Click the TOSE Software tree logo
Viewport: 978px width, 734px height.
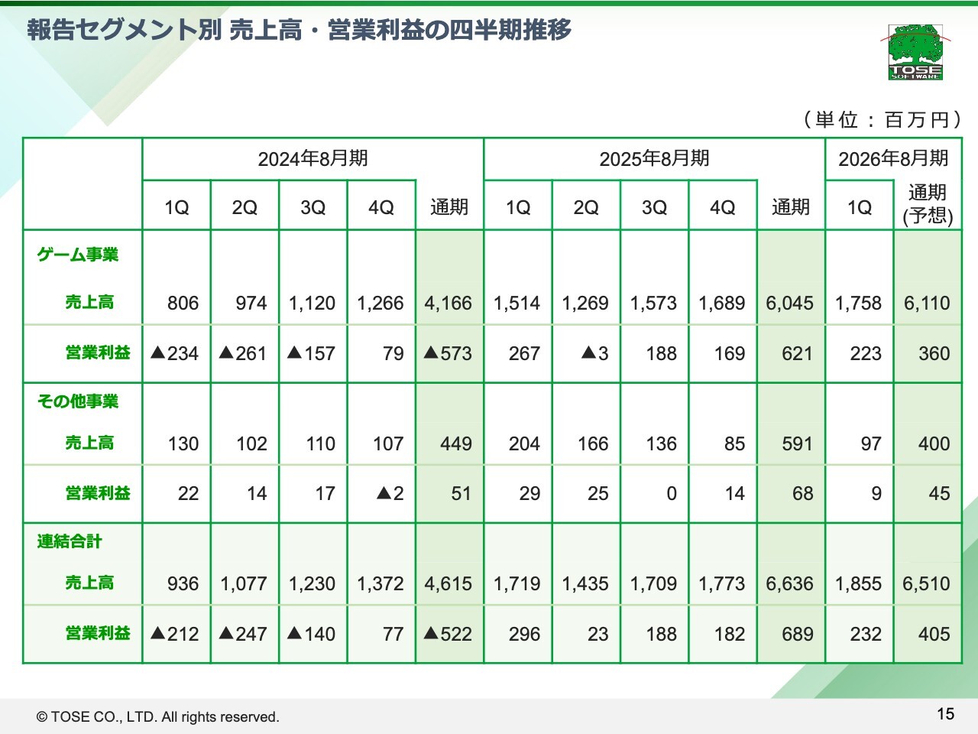tap(915, 52)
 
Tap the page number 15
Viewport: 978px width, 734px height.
tap(945, 713)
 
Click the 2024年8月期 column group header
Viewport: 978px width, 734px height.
tap(313, 158)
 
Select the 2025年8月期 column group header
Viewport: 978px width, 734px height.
tap(654, 158)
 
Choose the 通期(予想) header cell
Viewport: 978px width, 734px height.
tap(928, 204)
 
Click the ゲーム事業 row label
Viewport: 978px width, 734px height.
tap(78, 255)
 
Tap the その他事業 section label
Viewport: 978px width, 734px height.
tap(78, 401)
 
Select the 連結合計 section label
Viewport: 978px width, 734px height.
tap(70, 541)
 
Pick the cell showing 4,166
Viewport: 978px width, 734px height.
tap(449, 303)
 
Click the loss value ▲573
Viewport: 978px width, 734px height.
tap(449, 353)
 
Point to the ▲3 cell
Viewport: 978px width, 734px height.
tap(594, 353)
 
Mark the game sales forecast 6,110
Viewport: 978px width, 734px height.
tap(927, 303)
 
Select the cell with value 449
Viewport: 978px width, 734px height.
tap(455, 443)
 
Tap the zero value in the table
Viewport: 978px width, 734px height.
tap(671, 493)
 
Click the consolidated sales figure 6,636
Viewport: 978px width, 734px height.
tap(790, 583)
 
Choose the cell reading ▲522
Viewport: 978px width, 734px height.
tap(449, 634)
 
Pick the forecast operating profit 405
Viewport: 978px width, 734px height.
tap(934, 634)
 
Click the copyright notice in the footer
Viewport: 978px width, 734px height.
tap(158, 716)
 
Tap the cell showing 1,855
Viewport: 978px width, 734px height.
tap(858, 583)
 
